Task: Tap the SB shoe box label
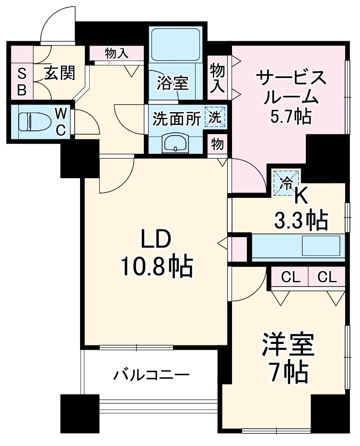22,81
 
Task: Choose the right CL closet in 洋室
327,277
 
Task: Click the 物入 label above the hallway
116,53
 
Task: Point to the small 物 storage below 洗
217,144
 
